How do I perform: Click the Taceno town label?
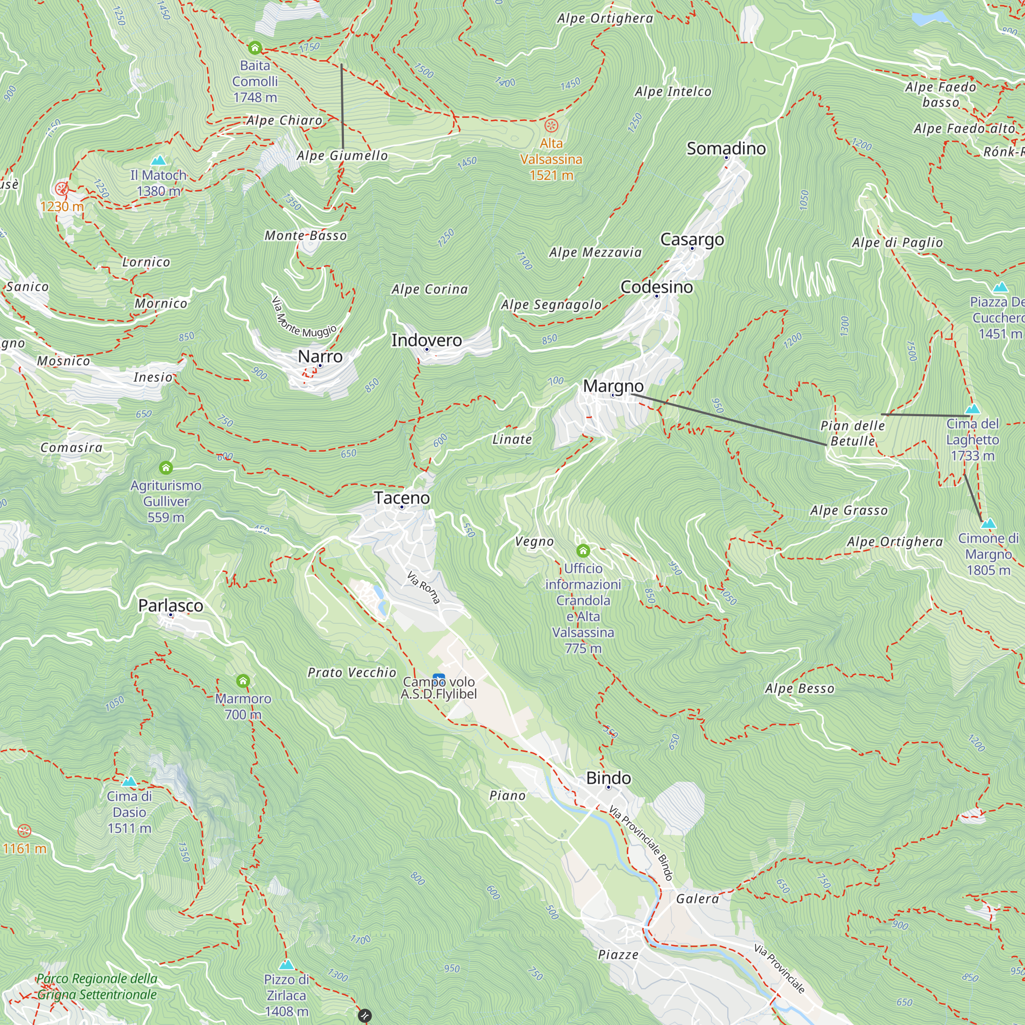pyautogui.click(x=402, y=498)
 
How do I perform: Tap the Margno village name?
pyautogui.click(x=613, y=386)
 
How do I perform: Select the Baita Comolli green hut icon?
pyautogui.click(x=255, y=48)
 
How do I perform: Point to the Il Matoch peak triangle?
pyautogui.click(x=158, y=160)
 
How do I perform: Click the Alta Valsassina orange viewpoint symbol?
pyautogui.click(x=551, y=126)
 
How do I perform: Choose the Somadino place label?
pyautogui.click(x=726, y=149)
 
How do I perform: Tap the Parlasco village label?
pyautogui.click(x=170, y=605)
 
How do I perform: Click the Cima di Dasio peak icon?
pyautogui.click(x=130, y=782)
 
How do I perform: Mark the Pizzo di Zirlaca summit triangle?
pyautogui.click(x=286, y=965)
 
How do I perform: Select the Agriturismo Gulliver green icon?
pyautogui.click(x=166, y=467)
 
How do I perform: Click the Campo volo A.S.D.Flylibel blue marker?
pyautogui.click(x=439, y=678)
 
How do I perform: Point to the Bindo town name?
pyautogui.click(x=608, y=778)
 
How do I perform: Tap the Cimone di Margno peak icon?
pyautogui.click(x=988, y=524)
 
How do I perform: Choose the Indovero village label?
pyautogui.click(x=426, y=340)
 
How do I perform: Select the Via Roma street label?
pyautogui.click(x=423, y=587)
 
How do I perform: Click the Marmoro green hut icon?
pyautogui.click(x=243, y=681)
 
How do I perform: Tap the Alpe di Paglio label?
pyautogui.click(x=897, y=242)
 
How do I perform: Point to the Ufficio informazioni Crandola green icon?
pyautogui.click(x=583, y=550)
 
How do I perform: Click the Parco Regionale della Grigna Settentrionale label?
pyautogui.click(x=96, y=986)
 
